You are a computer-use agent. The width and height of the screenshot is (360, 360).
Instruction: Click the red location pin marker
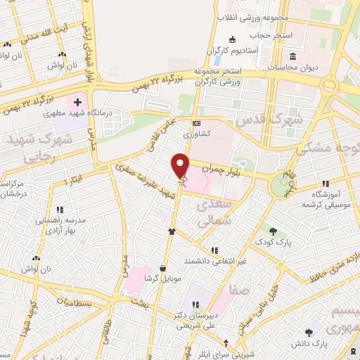(x=181, y=166)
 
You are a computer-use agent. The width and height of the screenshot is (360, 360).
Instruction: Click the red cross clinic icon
(x=79, y=102)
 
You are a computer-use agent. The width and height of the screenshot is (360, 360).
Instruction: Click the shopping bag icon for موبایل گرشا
(x=163, y=268)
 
